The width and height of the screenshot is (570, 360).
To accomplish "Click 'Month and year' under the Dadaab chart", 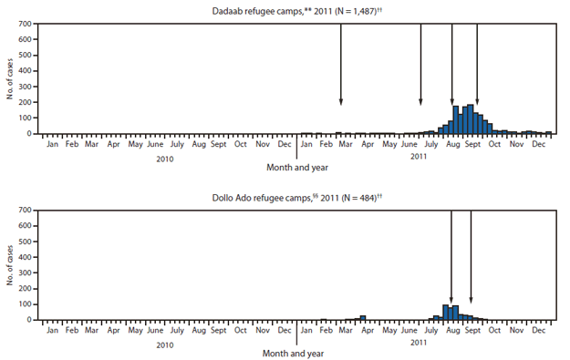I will pyautogui.click(x=297, y=168).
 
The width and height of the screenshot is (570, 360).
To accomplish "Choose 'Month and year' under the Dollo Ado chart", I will pyautogui.click(x=297, y=353).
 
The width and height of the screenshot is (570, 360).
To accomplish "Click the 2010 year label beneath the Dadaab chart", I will pyautogui.click(x=165, y=158).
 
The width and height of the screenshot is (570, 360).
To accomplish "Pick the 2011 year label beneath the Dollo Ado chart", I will pyautogui.click(x=418, y=345).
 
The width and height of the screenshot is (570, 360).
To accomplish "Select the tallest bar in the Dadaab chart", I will pyautogui.click(x=471, y=119).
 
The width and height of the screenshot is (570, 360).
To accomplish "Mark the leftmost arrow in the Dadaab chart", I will pyautogui.click(x=341, y=64).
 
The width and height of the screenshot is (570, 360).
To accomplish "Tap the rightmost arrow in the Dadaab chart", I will pyautogui.click(x=477, y=64).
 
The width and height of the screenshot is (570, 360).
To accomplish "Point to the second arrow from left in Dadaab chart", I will pyautogui.click(x=420, y=64).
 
